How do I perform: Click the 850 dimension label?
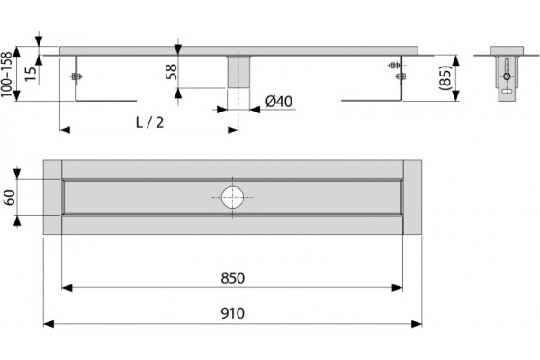233,278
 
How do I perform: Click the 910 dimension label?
233,313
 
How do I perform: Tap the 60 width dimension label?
10,197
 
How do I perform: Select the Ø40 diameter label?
279,102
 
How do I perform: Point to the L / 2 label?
149,122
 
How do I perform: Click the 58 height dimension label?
171,72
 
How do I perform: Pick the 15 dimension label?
31,74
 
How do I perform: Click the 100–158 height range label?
6,74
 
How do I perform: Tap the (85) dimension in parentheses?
445,78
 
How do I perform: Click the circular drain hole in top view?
233,197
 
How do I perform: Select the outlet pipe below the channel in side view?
238,72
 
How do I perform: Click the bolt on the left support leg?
76,76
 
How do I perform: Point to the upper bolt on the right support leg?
395,65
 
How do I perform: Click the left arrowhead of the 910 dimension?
49,324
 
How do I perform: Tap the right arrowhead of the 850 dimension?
398,288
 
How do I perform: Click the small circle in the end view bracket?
507,76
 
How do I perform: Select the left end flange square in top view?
52,197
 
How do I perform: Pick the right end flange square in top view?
412,197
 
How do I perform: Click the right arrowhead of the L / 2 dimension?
233,130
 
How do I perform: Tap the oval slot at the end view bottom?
507,92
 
